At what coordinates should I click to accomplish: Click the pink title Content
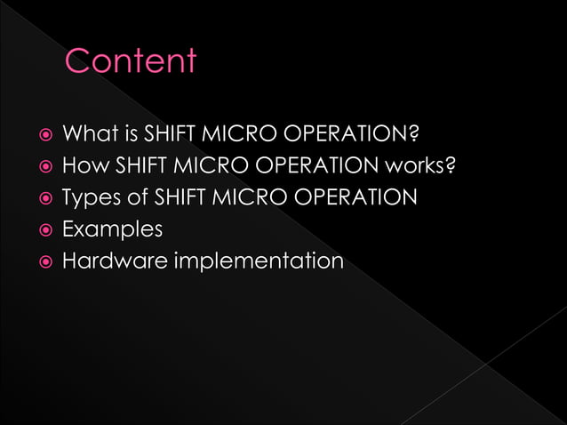click(x=131, y=61)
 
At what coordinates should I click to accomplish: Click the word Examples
click(x=112, y=229)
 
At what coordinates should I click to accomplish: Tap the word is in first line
click(x=125, y=136)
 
